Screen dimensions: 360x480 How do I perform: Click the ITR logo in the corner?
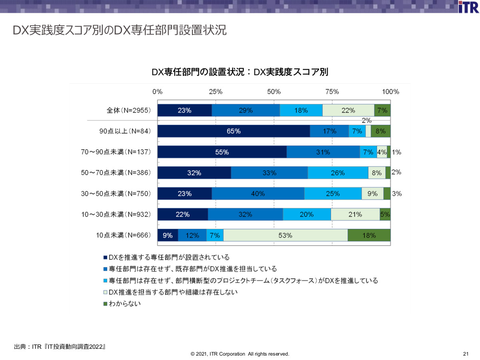[468, 7]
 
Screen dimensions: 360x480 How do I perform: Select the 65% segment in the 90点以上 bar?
[234, 131]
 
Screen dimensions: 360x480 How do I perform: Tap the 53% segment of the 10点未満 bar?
[285, 236]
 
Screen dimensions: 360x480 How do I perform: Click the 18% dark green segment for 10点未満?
[369, 236]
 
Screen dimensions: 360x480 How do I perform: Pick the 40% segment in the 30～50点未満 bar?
[258, 194]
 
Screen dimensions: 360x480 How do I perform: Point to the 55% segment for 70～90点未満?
[222, 152]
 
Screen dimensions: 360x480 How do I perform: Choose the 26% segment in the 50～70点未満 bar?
[338, 173]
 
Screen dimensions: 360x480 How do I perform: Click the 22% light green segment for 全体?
[348, 110]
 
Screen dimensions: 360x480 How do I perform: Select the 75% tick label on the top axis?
[332, 92]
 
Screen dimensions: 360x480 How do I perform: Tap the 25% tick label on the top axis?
[216, 92]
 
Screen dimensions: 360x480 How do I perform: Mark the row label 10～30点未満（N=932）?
[116, 215]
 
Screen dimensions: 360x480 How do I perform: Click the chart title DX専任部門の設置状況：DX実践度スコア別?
[240, 72]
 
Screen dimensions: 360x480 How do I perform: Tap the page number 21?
[466, 354]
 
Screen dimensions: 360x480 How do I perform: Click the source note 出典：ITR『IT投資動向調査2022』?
[60, 346]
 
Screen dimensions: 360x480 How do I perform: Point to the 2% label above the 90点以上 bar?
[366, 120]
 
